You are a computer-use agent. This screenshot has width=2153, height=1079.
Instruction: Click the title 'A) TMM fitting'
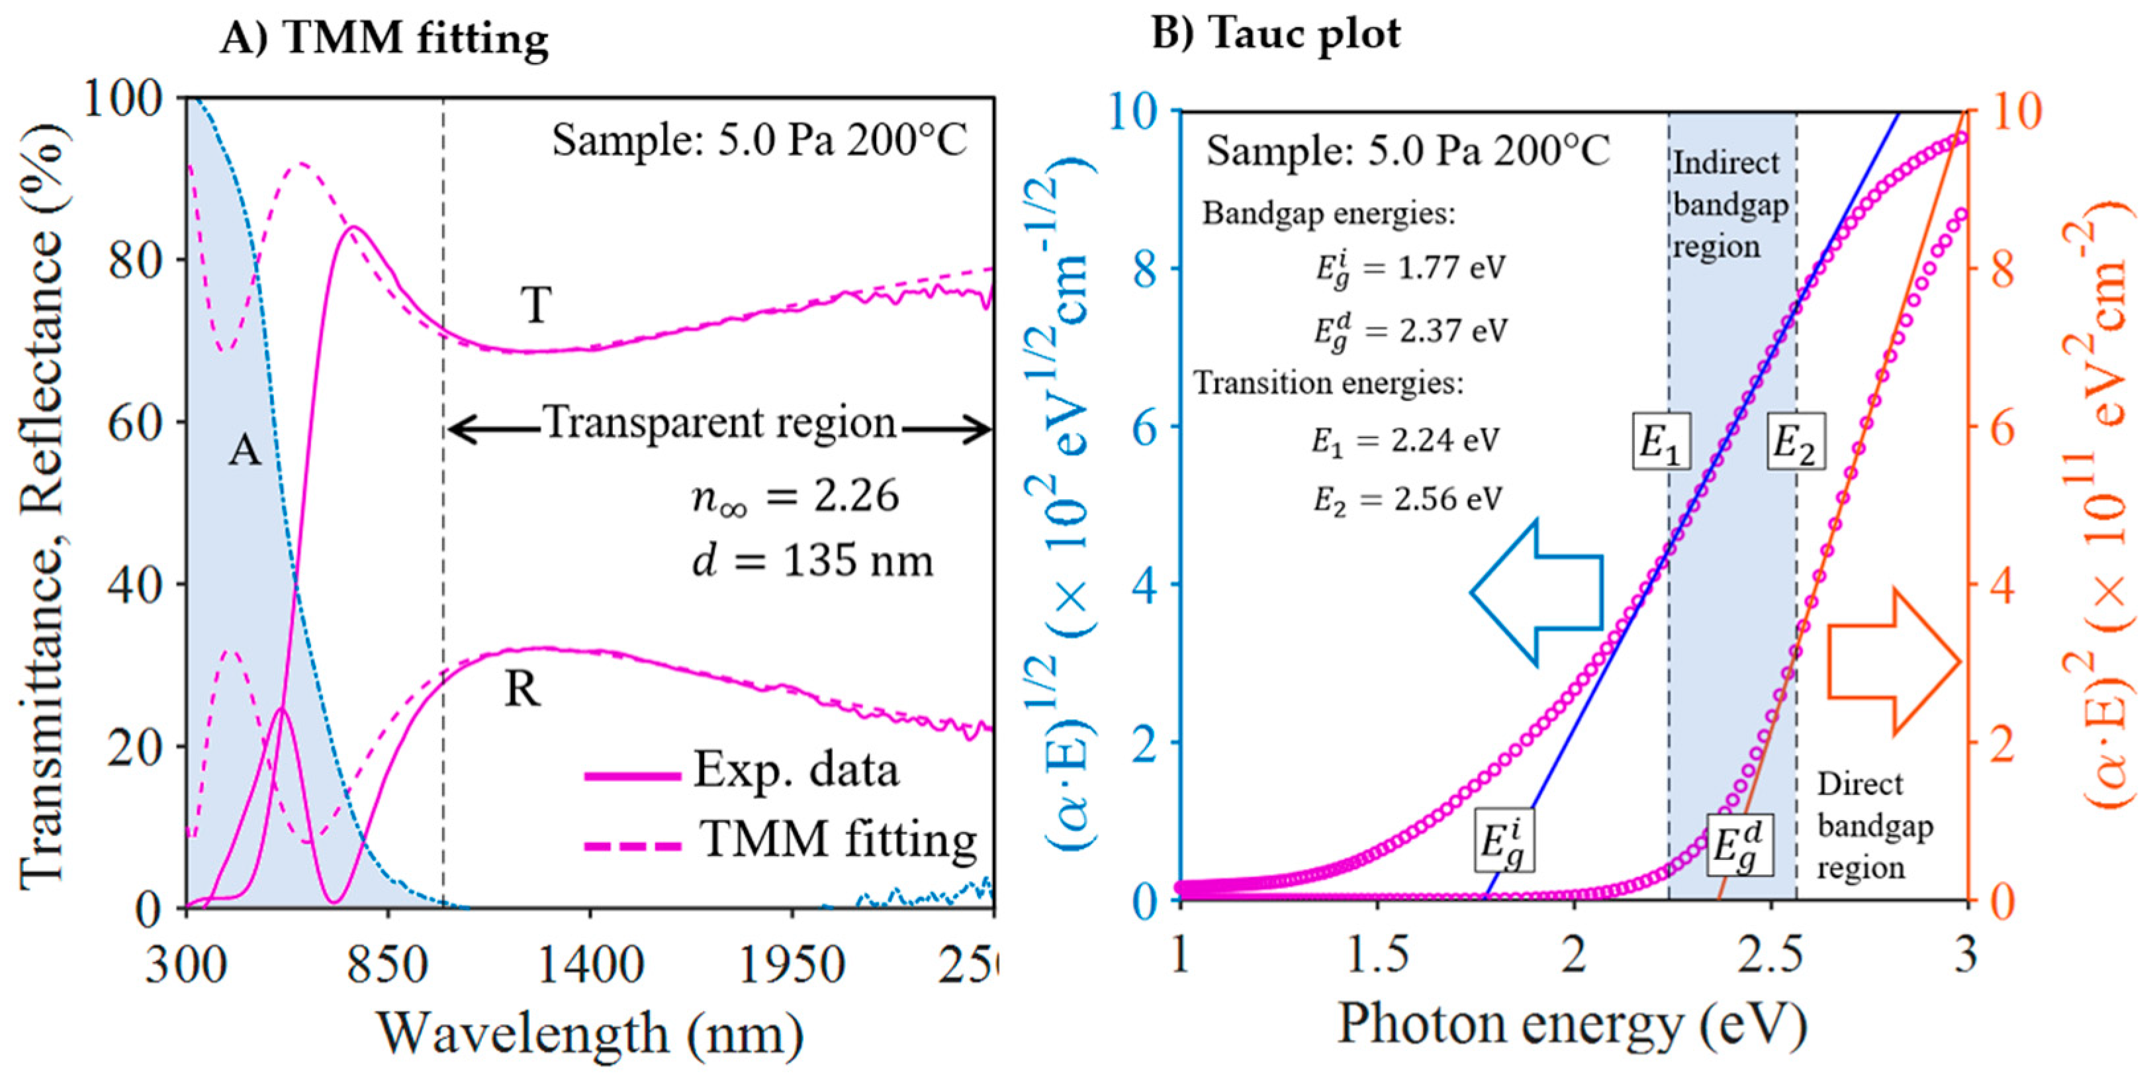tap(385, 38)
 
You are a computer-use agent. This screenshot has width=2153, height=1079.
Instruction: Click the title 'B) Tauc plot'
tap(1275, 34)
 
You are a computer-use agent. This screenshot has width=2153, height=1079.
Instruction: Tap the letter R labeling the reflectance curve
tap(522, 690)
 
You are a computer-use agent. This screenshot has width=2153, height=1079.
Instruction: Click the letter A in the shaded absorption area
tap(245, 451)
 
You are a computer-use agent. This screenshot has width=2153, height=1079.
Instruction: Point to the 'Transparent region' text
tap(721, 422)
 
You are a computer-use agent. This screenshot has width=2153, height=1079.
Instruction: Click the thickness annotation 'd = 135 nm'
tap(811, 561)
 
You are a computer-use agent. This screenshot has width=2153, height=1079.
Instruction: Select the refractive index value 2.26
tap(856, 496)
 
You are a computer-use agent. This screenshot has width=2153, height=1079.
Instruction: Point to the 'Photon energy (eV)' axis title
tap(1571, 1024)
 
